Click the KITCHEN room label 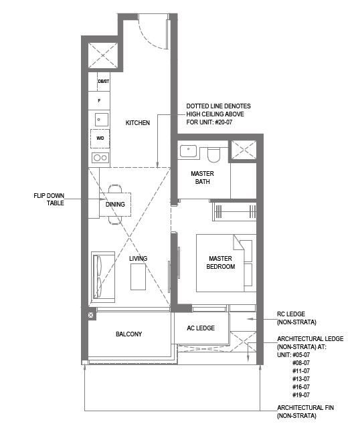pyautogui.click(x=138, y=122)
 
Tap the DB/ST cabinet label pyautogui.click(x=103, y=82)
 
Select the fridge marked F pyautogui.click(x=99, y=100)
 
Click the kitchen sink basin pyautogui.click(x=101, y=120)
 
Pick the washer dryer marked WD pyautogui.click(x=100, y=138)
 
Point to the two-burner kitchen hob pyautogui.click(x=100, y=158)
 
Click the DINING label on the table pyautogui.click(x=115, y=205)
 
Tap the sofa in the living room pyautogui.click(x=103, y=277)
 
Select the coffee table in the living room pyautogui.click(x=138, y=277)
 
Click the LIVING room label pyautogui.click(x=138, y=258)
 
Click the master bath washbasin pyautogui.click(x=188, y=151)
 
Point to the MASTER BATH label pyautogui.click(x=202, y=178)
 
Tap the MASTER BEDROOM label pyautogui.click(x=220, y=262)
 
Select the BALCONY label pyautogui.click(x=129, y=334)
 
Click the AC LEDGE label pyautogui.click(x=201, y=328)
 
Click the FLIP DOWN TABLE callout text pyautogui.click(x=49, y=199)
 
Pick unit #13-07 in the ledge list pyautogui.click(x=301, y=379)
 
